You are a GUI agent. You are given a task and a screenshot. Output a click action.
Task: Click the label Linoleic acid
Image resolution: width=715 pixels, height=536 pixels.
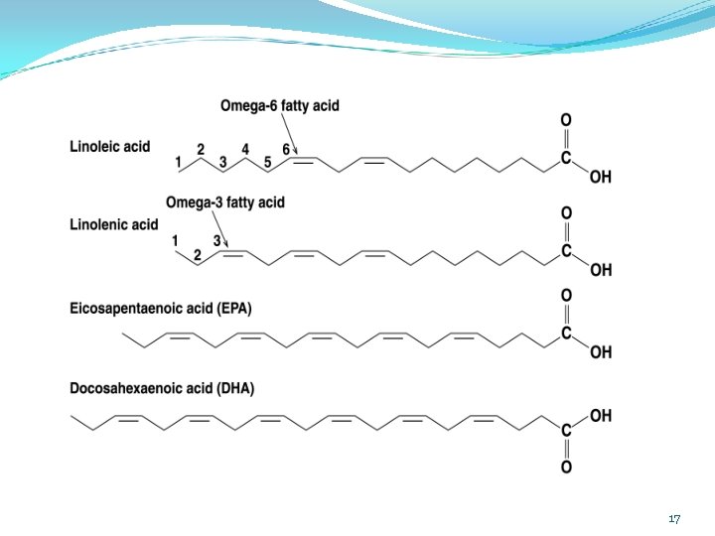pyautogui.click(x=110, y=146)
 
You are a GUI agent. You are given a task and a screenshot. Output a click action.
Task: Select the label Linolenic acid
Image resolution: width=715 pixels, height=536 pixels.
pyautogui.click(x=114, y=224)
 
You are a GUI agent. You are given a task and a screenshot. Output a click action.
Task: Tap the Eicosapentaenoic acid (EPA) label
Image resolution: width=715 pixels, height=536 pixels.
pyautogui.click(x=161, y=309)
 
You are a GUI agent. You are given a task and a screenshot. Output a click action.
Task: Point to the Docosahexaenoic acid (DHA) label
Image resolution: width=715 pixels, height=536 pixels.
pyautogui.click(x=162, y=388)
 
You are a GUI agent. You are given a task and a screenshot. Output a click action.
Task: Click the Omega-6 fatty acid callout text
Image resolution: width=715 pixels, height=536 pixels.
pyautogui.click(x=280, y=106)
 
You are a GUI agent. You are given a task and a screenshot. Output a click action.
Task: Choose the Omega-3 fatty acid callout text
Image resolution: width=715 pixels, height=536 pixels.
pyautogui.click(x=225, y=202)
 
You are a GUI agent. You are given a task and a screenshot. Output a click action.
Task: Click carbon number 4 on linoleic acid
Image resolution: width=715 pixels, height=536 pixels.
pyautogui.click(x=245, y=149)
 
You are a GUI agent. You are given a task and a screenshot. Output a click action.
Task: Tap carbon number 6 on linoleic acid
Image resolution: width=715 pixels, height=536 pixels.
pyautogui.click(x=285, y=149)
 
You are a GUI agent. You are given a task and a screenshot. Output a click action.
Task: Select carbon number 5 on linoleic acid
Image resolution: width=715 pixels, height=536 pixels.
pyautogui.click(x=268, y=162)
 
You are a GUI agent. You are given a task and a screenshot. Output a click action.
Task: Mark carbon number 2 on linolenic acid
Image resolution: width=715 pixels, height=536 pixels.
pyautogui.click(x=197, y=255)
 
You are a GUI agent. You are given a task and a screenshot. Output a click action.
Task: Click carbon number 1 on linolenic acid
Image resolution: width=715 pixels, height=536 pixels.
pyautogui.click(x=175, y=240)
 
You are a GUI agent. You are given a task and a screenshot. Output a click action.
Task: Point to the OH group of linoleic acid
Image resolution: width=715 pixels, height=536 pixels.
pyautogui.click(x=601, y=177)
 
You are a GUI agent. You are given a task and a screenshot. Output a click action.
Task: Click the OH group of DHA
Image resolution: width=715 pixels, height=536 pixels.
pyautogui.click(x=601, y=416)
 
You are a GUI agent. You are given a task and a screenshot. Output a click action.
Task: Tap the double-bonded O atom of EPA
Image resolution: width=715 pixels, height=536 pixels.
pyautogui.click(x=566, y=296)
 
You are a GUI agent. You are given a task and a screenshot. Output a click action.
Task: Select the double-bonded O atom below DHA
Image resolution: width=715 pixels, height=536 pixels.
pyautogui.click(x=566, y=467)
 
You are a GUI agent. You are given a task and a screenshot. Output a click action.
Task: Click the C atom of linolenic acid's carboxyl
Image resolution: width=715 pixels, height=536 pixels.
pyautogui.click(x=566, y=251)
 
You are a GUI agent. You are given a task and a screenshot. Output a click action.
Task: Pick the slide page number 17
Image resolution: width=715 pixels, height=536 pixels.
pyautogui.click(x=675, y=519)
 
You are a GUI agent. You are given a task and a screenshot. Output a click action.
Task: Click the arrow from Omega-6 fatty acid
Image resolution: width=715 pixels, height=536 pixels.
pyautogui.click(x=289, y=134)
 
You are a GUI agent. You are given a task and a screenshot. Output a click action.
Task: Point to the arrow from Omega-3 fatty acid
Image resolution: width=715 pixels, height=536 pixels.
pyautogui.click(x=219, y=229)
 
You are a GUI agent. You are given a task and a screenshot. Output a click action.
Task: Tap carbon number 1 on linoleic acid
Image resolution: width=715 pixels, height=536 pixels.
pyautogui.click(x=179, y=162)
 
